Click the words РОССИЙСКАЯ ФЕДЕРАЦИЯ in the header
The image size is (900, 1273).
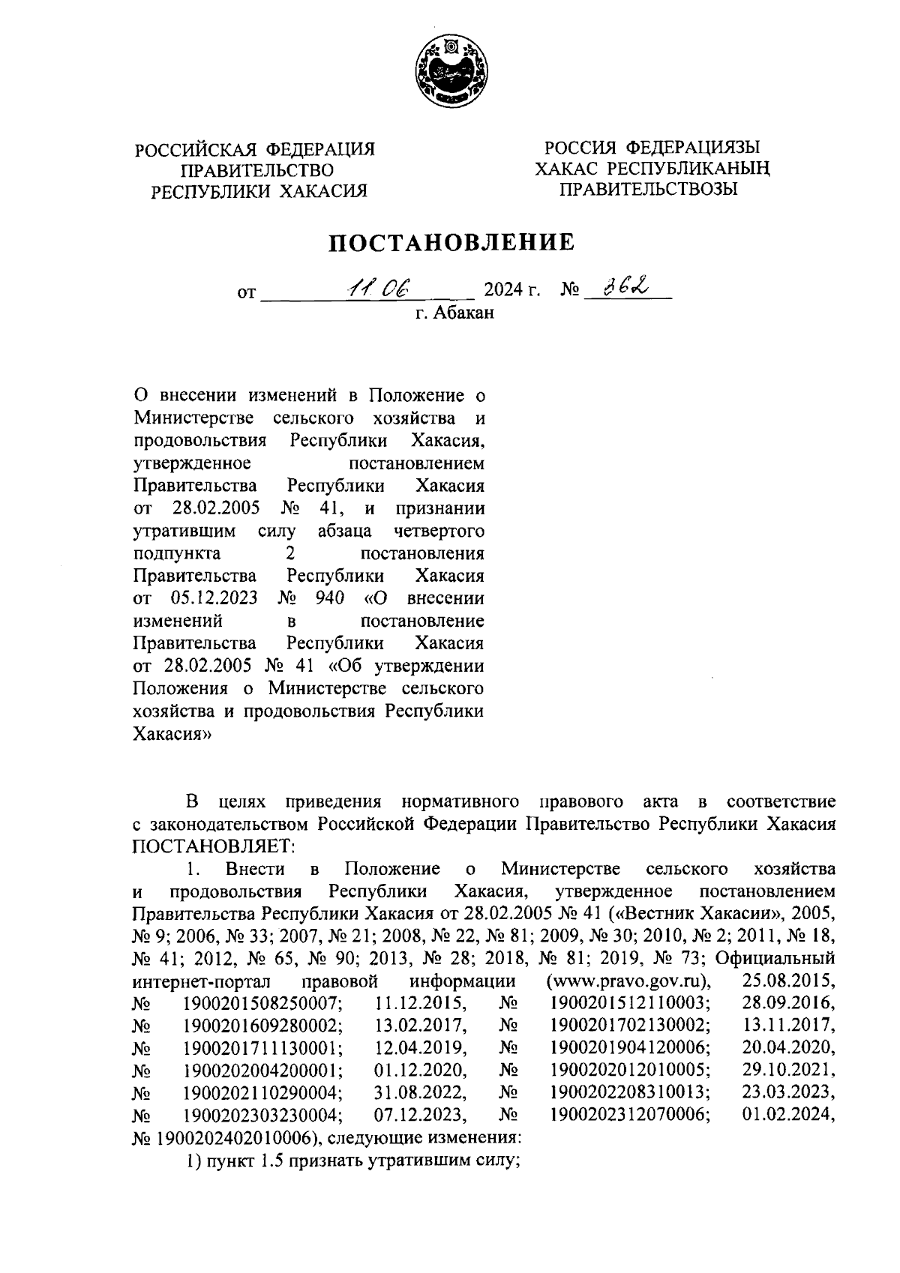254,150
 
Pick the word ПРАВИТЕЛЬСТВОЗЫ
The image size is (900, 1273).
649,189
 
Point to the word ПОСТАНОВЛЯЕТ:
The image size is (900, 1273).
214,846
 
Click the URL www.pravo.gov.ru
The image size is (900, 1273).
628,981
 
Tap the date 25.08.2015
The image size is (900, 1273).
788,981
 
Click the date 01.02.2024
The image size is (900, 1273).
788,1115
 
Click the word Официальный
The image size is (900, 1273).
775,958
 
